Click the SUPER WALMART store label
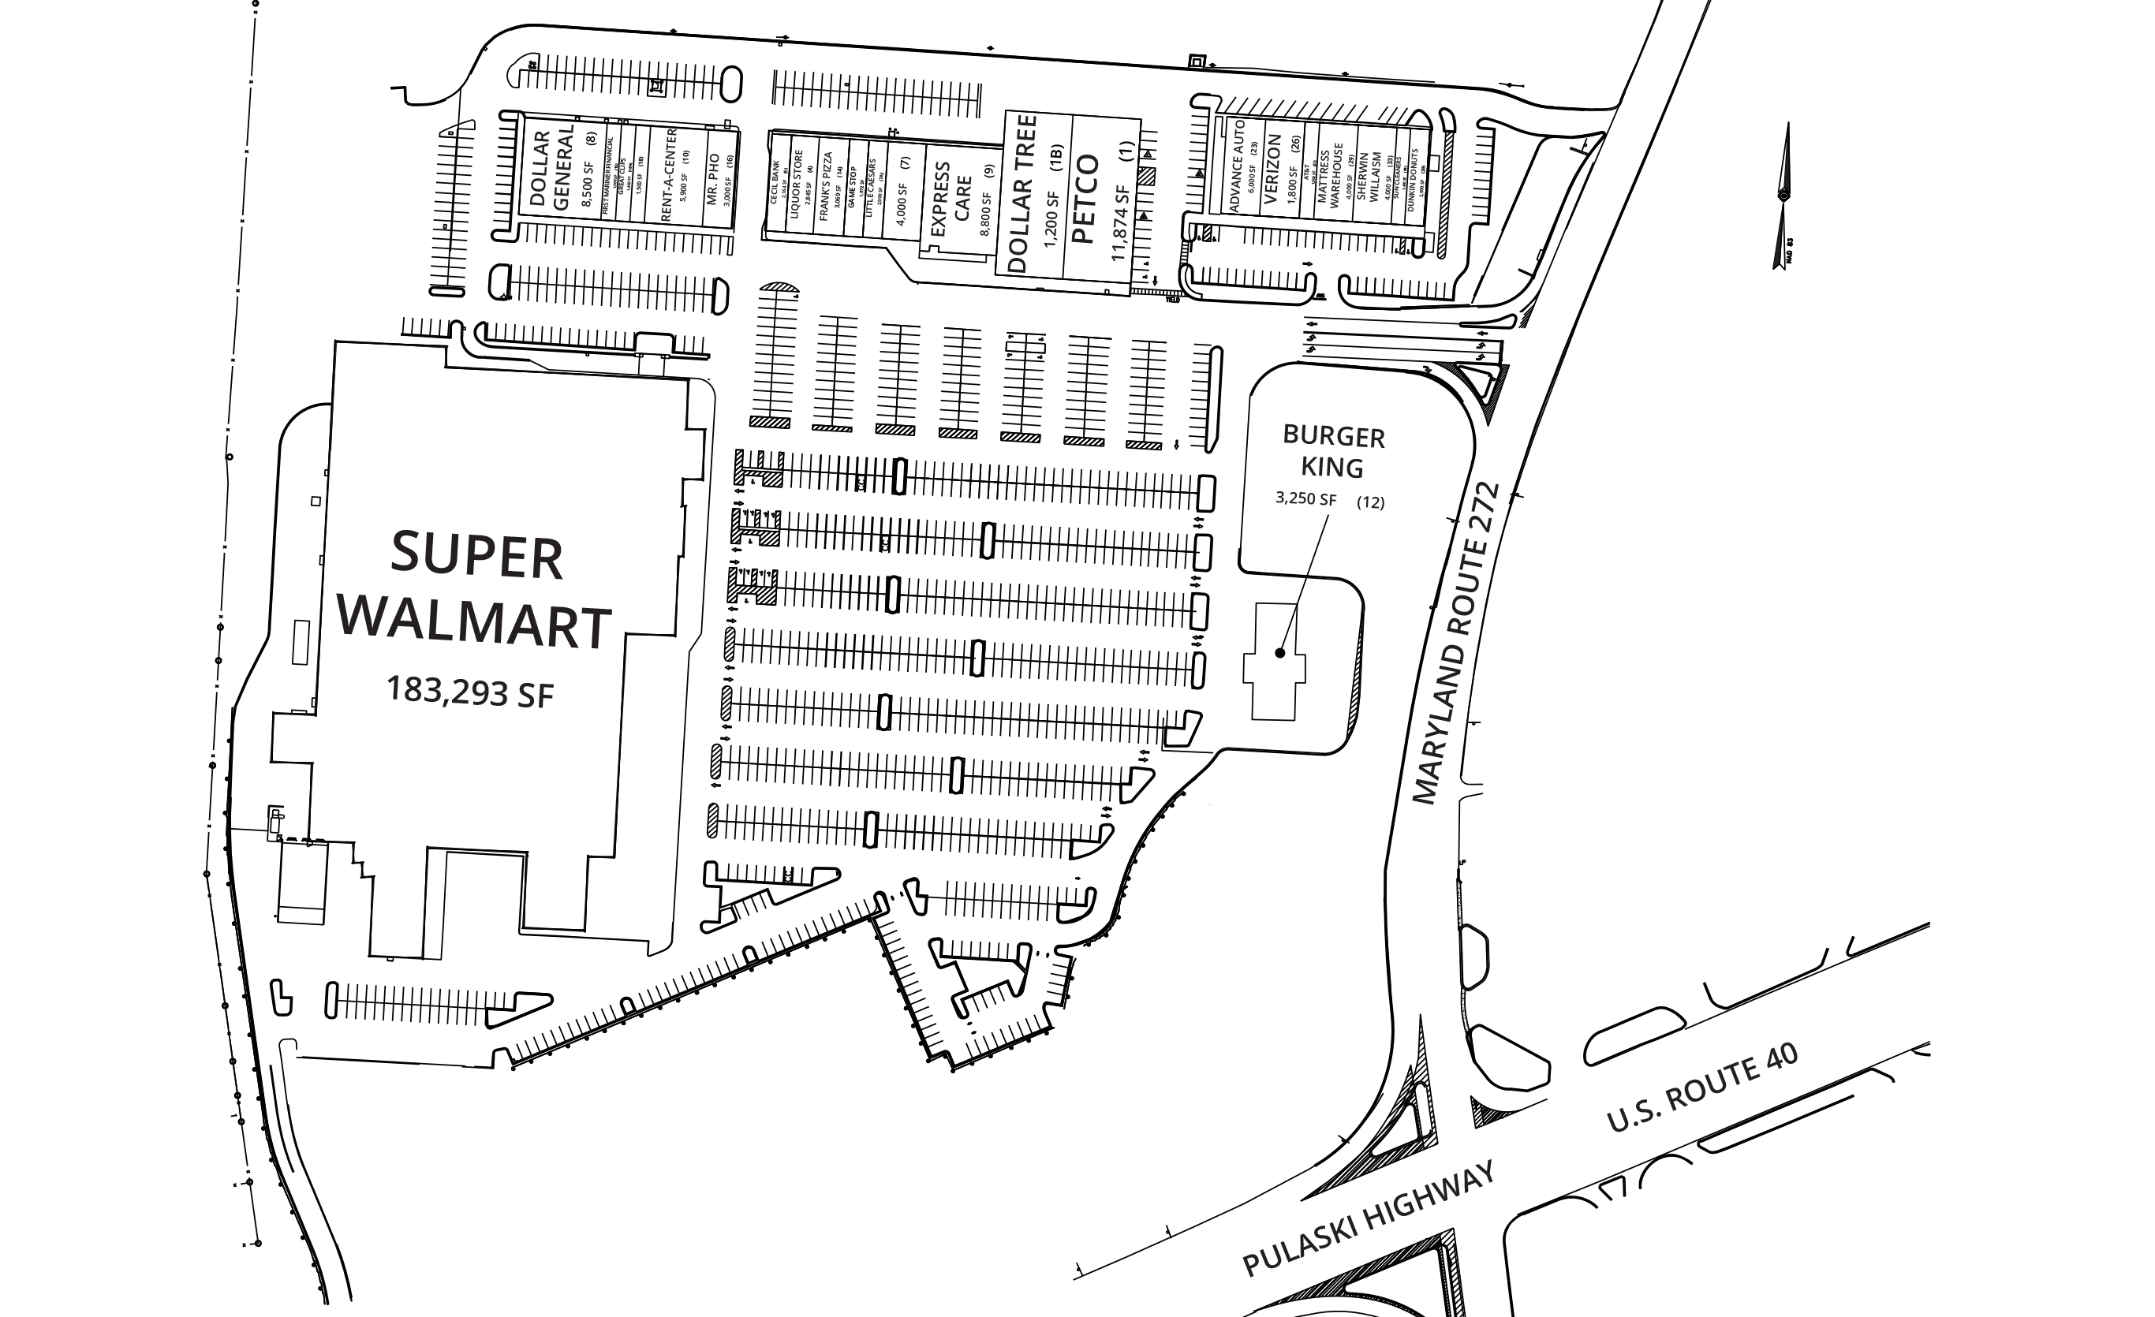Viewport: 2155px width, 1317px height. coord(475,591)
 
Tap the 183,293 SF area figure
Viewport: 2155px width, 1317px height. coord(471,692)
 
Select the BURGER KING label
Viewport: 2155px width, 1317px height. coord(1333,451)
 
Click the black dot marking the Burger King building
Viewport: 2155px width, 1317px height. coord(1279,652)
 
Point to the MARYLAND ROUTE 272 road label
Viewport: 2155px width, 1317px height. coord(1456,644)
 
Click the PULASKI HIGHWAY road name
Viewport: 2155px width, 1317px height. coord(1369,1219)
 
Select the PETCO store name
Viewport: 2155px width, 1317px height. coord(1085,200)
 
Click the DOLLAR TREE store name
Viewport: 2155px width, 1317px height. coord(1022,194)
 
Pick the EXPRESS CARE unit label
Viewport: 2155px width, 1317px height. coord(951,200)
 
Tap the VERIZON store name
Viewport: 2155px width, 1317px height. coord(1273,170)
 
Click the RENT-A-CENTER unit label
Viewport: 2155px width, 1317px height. coord(668,174)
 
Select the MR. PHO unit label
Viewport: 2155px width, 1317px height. coord(713,179)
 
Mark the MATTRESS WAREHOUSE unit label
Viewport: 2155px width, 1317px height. coord(1329,174)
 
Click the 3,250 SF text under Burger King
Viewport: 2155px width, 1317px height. coord(1305,499)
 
